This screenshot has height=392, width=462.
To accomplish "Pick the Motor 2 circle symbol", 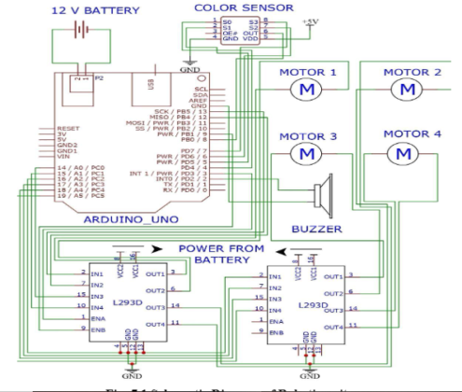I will tap(405, 89).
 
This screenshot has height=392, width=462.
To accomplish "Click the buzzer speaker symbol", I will tap(323, 195).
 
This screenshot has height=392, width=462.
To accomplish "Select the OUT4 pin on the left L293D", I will tap(155, 323).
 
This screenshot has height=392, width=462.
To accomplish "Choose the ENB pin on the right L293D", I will tap(276, 332).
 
